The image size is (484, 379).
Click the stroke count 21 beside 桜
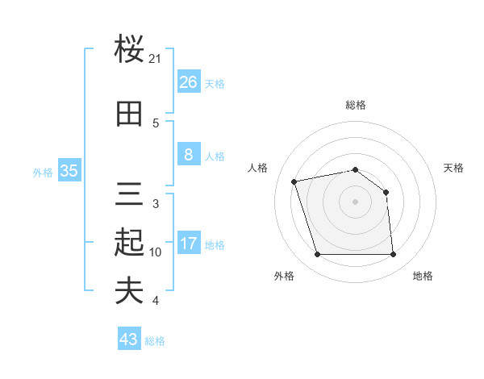pyautogui.click(x=156, y=59)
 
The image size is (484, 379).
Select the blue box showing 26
pyautogui.click(x=188, y=81)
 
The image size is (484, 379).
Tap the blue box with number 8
pyautogui.click(x=188, y=155)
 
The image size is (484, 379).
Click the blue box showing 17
pyautogui.click(x=188, y=244)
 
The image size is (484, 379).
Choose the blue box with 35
pyautogui.click(x=69, y=171)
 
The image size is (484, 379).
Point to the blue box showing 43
pyautogui.click(x=129, y=339)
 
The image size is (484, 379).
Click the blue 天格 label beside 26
pyautogui.click(x=215, y=83)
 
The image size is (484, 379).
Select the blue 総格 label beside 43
pyautogui.click(x=155, y=341)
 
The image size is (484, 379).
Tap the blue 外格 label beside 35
pyautogui.click(x=43, y=172)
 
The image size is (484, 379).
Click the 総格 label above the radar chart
pyautogui.click(x=356, y=105)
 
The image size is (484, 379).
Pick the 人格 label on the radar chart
pyautogui.click(x=258, y=168)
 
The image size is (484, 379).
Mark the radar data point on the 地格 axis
pyautogui.click(x=393, y=255)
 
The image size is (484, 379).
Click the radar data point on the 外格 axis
pyautogui.click(x=317, y=255)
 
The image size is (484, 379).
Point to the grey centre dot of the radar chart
pyautogui.click(x=355, y=202)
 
